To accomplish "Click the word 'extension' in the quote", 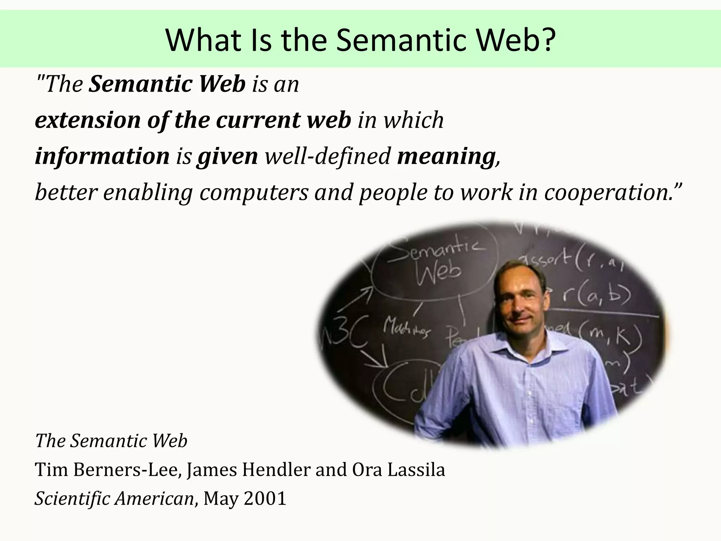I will point(87,120).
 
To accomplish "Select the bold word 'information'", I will point(102,156).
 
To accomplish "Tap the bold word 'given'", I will point(228,156).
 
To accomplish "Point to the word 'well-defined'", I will point(327,156).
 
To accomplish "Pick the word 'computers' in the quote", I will point(254,192).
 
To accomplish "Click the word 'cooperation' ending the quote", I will point(606,192).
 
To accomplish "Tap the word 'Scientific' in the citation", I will point(72,498).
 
